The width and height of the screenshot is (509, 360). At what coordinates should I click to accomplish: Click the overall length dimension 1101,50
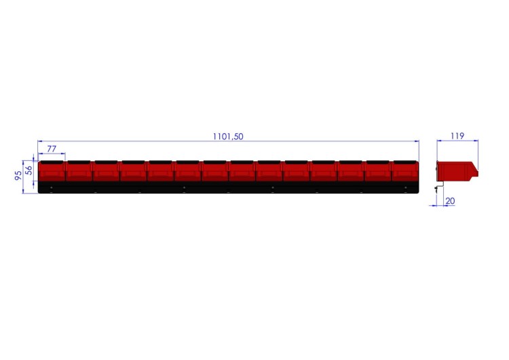point(228,137)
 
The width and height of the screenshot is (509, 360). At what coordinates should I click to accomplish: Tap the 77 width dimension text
point(52,149)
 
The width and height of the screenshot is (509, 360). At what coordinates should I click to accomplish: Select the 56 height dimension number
point(29,170)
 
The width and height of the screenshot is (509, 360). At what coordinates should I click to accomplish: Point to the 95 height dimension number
point(18,175)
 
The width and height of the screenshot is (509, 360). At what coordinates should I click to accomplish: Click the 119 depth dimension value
point(457,136)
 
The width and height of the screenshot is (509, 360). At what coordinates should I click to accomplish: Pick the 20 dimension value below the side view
point(450,201)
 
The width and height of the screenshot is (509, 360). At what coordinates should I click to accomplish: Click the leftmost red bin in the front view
point(52,171)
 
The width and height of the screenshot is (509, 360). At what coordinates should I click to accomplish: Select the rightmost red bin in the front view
point(404,171)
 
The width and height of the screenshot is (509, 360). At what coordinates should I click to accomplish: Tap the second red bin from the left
point(79,171)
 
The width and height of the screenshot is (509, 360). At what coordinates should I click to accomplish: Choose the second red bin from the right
point(377,171)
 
